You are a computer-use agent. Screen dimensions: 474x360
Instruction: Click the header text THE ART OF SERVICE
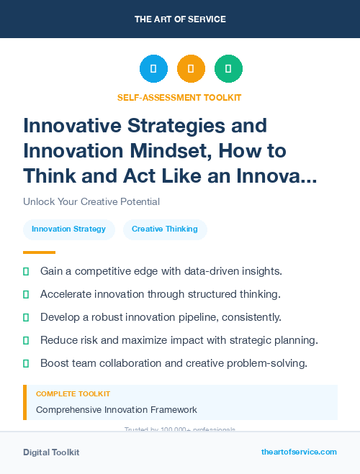pos(180,19)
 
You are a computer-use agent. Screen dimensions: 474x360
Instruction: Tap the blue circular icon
pos(153,69)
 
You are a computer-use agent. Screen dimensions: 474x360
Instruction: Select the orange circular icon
pos(191,69)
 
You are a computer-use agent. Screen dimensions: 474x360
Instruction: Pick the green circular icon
pos(228,69)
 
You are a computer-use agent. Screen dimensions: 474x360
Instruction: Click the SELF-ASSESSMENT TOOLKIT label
pos(179,97)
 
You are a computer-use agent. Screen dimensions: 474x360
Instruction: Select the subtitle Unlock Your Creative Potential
pos(91,201)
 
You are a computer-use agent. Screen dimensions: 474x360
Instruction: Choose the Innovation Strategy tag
pos(69,229)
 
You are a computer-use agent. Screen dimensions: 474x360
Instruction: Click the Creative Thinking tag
pos(165,229)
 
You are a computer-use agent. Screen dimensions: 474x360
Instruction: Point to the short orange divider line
pos(39,252)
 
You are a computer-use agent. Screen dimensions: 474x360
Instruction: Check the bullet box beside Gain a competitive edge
pos(27,272)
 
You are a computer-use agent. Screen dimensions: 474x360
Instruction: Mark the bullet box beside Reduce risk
pos(27,340)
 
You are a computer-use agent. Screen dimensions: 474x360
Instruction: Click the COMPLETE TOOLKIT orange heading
pos(73,394)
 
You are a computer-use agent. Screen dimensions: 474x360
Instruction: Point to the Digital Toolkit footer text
pos(51,452)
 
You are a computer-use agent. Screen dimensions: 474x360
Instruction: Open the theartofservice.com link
pos(299,452)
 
